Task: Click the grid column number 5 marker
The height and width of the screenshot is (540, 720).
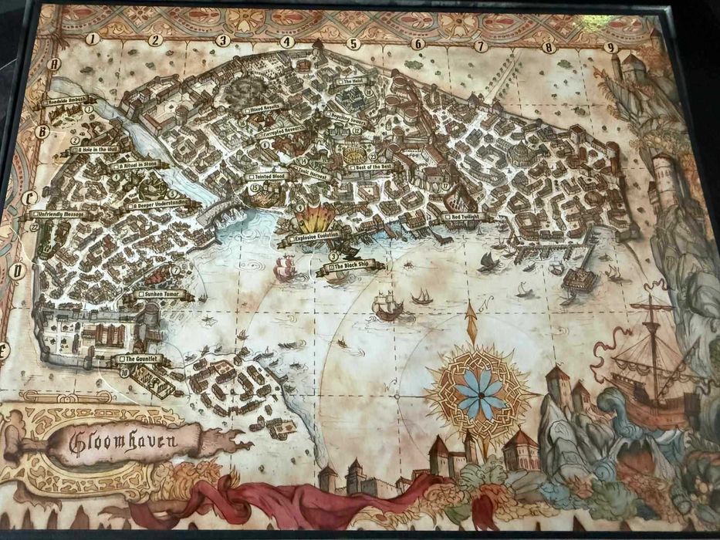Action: point(353,44)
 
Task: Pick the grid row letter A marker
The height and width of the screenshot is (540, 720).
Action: point(54,65)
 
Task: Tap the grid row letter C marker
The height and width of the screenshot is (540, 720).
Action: point(31,197)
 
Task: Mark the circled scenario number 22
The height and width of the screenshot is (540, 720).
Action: point(34,227)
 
